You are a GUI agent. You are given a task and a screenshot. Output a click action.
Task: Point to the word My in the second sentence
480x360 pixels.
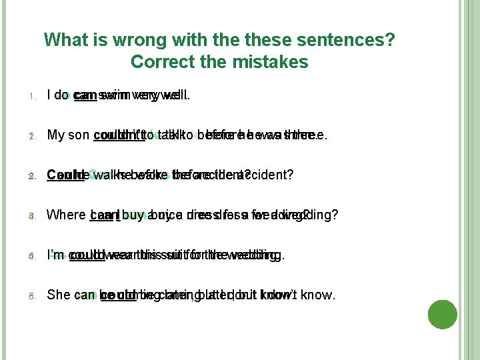click(56, 135)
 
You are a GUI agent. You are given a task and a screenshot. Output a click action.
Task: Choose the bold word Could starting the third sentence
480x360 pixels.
click(62, 175)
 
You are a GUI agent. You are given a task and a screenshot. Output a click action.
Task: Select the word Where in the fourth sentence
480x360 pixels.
click(66, 215)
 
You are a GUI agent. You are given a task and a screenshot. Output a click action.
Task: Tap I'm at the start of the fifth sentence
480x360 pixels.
click(55, 255)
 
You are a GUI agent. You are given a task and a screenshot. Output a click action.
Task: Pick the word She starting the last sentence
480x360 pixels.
click(59, 295)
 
